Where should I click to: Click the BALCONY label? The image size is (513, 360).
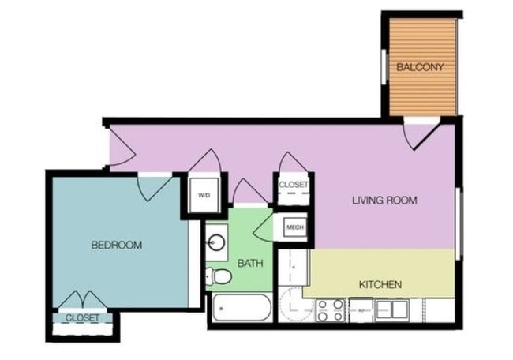pos(420,67)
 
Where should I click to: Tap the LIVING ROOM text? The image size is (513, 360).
pos(384,201)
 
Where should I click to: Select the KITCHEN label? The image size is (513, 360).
pos(380,284)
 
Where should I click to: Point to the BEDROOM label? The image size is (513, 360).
pos(117,246)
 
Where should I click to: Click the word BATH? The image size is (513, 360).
pos(251,264)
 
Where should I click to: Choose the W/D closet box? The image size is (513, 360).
pos(204,195)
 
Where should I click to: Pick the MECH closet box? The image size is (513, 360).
pos(295,228)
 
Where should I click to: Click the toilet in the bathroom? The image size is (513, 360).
pos(218,276)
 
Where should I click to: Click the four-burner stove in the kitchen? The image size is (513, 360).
pos(331,309)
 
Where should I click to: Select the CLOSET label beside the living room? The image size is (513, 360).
pos(294,185)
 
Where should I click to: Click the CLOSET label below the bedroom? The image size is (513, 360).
pos(82,317)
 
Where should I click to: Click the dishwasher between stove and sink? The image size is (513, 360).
pos(360,309)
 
